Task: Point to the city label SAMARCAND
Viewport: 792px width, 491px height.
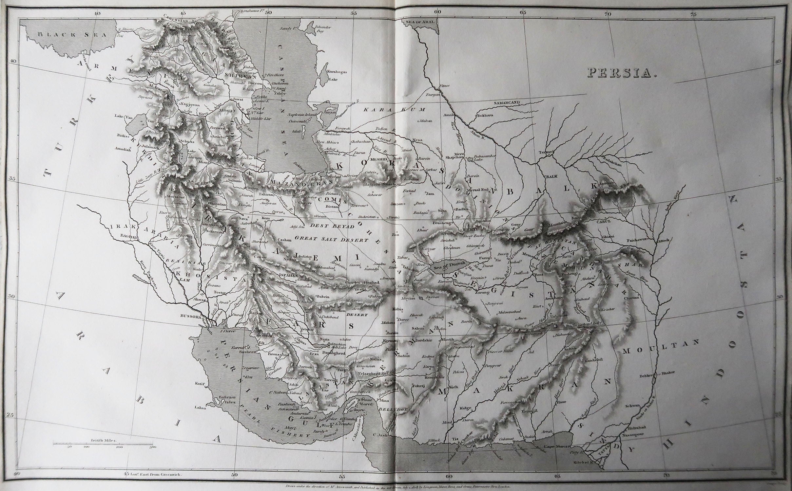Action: tap(507, 102)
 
